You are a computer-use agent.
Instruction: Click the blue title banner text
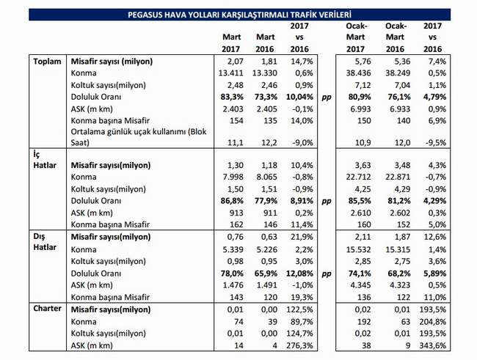click(x=239, y=15)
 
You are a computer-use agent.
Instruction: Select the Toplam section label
click(x=47, y=62)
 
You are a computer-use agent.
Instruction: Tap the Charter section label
click(x=47, y=309)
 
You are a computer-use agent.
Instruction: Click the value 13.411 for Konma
click(x=230, y=73)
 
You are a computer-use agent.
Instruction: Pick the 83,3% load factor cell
click(x=232, y=97)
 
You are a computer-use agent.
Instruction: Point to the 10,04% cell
click(x=299, y=97)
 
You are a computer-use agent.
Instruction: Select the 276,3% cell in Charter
click(x=299, y=345)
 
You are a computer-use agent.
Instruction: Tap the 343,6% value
click(x=432, y=345)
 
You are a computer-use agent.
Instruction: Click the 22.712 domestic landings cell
click(x=358, y=177)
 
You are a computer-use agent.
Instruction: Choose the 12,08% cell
click(x=299, y=273)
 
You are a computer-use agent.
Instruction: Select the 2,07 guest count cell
click(x=235, y=62)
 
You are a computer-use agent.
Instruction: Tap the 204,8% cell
click(x=432, y=322)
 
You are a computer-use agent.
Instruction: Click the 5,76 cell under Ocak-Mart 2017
click(x=363, y=62)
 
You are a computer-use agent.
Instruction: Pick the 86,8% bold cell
click(x=232, y=201)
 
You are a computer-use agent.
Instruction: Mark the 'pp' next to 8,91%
click(x=326, y=202)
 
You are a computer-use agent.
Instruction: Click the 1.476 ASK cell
click(x=233, y=285)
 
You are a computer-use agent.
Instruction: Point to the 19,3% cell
click(x=302, y=297)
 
